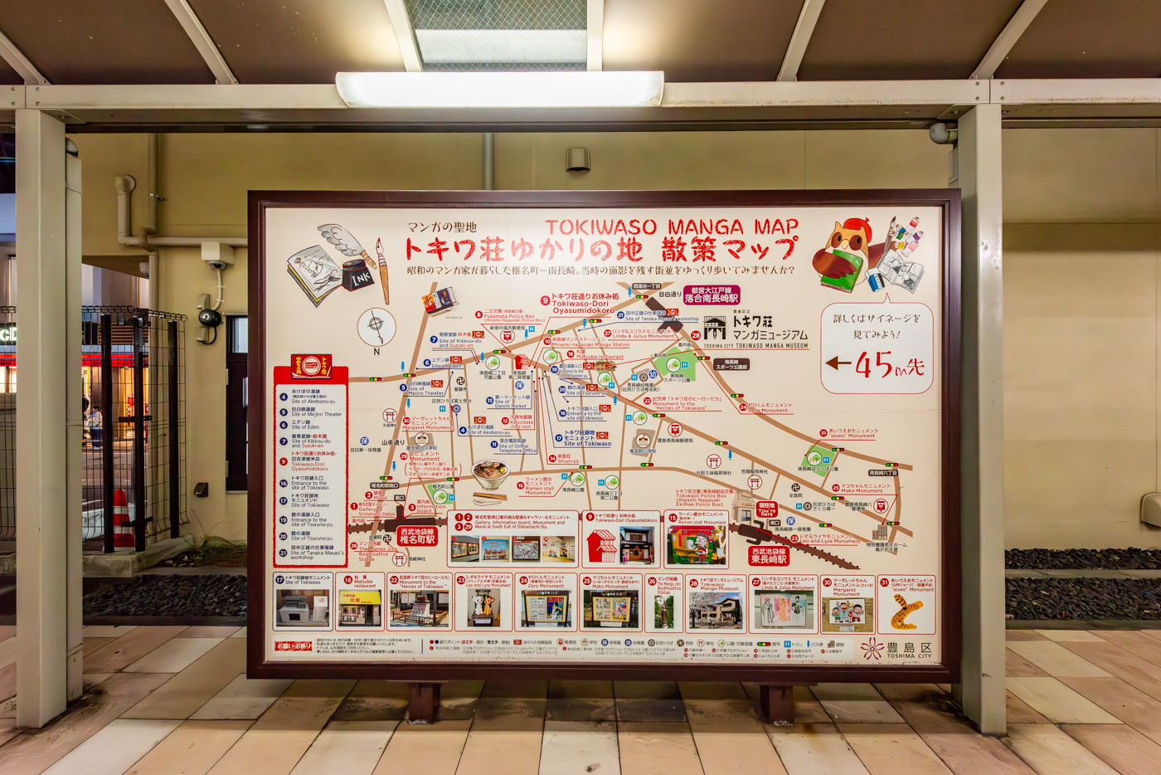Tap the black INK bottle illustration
point(359,276)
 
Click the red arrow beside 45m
point(838,363)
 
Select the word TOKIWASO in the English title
point(600,227)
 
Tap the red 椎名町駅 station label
point(417,535)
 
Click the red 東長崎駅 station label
point(769,555)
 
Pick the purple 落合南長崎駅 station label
point(712,295)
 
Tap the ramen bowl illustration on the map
point(490,474)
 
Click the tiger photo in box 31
point(906,612)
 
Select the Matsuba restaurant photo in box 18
point(359,609)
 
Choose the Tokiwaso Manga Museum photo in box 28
point(716,611)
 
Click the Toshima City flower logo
point(872,649)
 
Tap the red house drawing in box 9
point(601,546)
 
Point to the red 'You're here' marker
point(767,509)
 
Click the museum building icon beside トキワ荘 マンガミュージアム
point(714,328)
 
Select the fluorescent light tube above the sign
point(499,89)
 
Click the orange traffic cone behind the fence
point(122,518)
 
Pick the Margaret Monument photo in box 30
point(847,613)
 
